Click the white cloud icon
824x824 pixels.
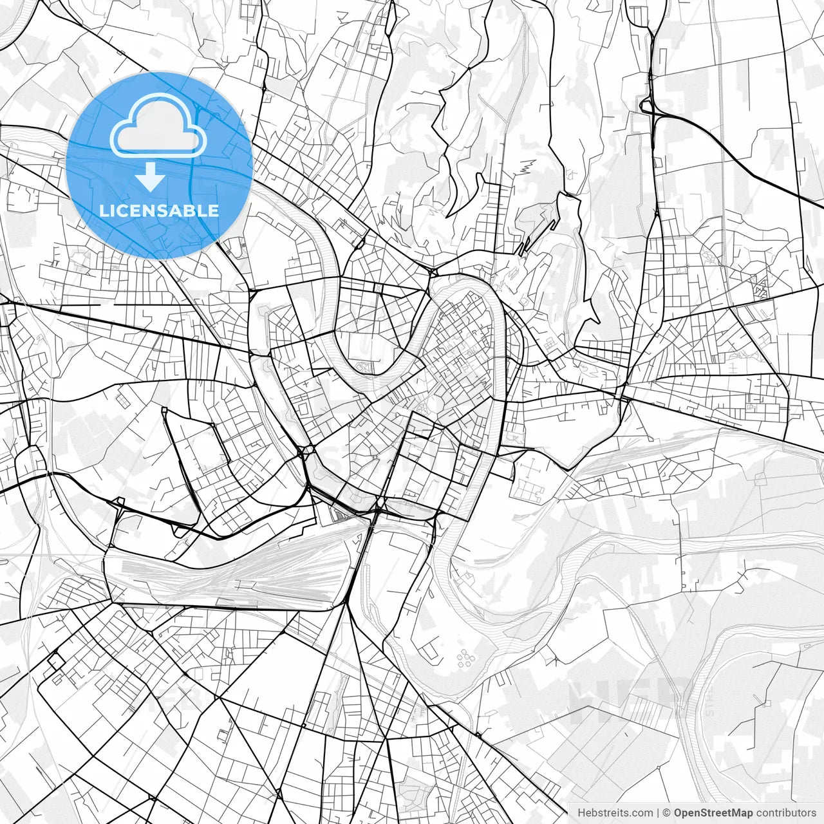(158, 126)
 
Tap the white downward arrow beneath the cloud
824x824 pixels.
(151, 176)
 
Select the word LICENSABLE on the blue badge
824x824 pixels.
(159, 211)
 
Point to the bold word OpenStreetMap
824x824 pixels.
(713, 813)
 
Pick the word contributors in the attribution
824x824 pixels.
(785, 813)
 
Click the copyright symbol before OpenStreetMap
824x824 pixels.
(667, 813)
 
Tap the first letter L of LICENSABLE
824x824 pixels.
(103, 211)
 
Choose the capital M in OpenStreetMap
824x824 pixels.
(741, 813)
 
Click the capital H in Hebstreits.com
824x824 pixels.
(581, 813)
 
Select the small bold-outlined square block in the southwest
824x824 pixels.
(55, 660)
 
